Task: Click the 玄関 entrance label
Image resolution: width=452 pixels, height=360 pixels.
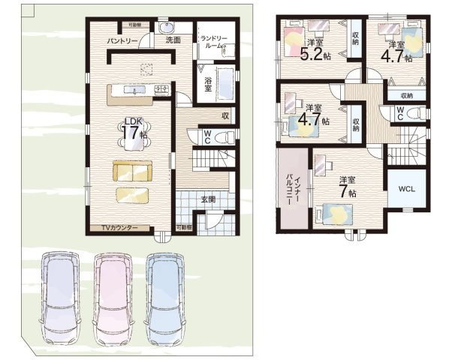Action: point(208,199)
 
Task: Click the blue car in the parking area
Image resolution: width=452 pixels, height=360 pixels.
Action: point(165,296)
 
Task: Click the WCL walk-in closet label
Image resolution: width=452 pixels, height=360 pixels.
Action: point(408,188)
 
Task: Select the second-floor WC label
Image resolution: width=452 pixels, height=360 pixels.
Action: point(399,113)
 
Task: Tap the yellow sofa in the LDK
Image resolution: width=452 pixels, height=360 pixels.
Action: point(132,172)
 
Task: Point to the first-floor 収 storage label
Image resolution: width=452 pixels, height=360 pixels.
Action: point(224,115)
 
